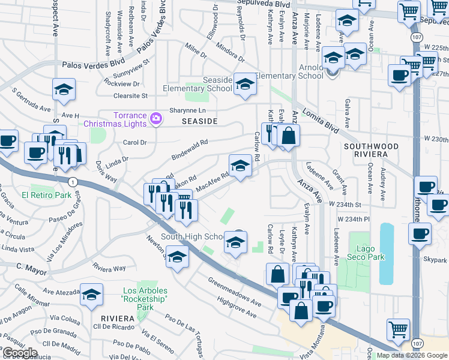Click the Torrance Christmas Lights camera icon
155,118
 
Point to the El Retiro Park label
46,195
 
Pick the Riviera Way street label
109,267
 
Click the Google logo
20,353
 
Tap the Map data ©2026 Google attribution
412,355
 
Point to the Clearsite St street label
130,95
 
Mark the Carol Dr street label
135,143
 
